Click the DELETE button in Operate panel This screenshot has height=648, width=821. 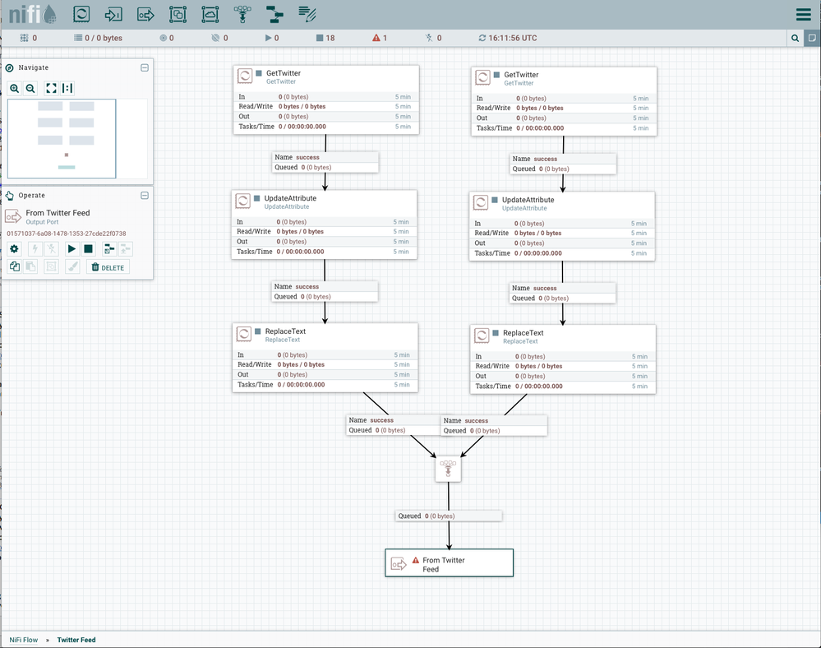108,267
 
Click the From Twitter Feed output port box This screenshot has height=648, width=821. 449,563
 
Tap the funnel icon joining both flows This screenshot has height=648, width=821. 448,469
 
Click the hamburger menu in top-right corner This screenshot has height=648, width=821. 803,15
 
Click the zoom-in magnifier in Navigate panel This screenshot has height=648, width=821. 15,88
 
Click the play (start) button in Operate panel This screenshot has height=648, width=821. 71,249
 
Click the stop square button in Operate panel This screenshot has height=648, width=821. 88,249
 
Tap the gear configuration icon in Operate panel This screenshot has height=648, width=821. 14,249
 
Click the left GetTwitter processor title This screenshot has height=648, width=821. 283,73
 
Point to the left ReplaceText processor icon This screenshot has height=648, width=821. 244,334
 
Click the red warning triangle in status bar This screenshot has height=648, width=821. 376,38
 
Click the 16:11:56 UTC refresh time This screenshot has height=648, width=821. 507,38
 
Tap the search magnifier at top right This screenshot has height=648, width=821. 795,38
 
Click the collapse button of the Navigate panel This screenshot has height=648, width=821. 145,67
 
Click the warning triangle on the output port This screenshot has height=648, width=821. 416,560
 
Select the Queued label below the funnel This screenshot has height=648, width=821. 409,516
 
